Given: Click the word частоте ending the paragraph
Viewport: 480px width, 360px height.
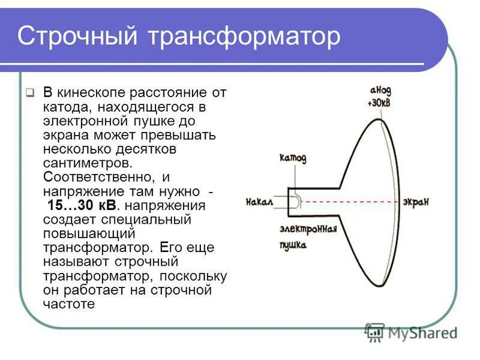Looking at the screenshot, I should [x=69, y=304].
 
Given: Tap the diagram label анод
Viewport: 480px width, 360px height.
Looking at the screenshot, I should [x=380, y=90].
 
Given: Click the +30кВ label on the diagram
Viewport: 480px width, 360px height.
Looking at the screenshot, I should [x=380, y=103].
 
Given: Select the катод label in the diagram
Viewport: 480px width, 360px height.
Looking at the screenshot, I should [x=293, y=158].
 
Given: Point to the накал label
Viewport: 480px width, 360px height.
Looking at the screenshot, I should [x=259, y=203].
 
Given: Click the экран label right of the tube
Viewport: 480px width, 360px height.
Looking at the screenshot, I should [x=416, y=202].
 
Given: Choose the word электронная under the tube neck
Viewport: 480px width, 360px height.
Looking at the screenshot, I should [x=308, y=230].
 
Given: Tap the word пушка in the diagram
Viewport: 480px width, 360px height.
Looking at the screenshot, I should [x=293, y=246].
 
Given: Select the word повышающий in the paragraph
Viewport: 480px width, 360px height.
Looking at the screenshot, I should [x=89, y=233].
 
